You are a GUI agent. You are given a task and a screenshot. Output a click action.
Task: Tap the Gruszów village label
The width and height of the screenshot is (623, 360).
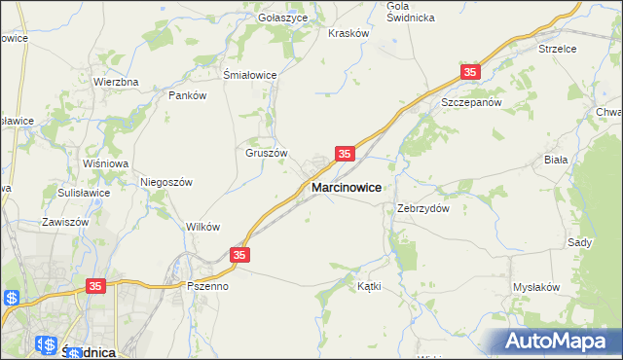point(266,153)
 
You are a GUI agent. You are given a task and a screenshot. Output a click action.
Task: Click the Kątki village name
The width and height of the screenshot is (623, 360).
point(369,287)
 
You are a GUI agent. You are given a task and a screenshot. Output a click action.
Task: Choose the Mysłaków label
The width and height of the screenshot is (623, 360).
point(536,287)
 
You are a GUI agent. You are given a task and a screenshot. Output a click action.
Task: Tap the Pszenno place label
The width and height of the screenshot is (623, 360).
point(207,287)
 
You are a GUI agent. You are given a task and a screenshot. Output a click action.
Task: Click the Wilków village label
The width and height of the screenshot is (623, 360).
point(202,227)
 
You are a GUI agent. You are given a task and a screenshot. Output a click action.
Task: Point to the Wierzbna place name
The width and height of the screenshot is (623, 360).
point(116,83)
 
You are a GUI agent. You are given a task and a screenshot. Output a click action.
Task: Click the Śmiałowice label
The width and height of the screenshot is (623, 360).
point(250,75)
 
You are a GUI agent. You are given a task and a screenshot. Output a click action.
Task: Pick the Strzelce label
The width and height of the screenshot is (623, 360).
point(558,48)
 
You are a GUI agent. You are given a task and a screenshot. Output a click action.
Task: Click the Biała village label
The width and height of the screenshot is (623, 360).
point(582,159)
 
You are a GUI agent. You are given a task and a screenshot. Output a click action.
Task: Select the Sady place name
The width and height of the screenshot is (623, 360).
point(579,241)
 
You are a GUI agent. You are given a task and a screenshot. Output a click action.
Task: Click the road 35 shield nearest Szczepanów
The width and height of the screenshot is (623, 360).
point(471,73)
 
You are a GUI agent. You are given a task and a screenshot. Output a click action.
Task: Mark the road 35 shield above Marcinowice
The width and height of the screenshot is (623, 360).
point(345,154)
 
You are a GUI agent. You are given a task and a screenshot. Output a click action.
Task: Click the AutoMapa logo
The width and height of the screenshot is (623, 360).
point(559,341)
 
